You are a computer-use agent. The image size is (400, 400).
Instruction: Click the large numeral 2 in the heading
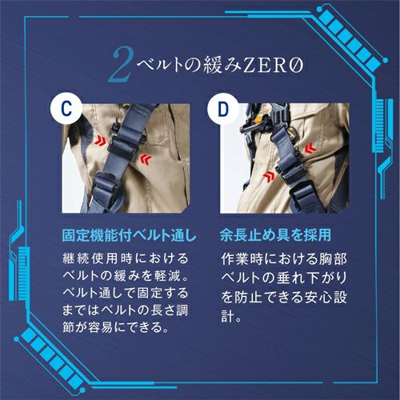pyautogui.click(x=121, y=65)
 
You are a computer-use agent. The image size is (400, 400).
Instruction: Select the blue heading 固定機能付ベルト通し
pyautogui.click(x=130, y=235)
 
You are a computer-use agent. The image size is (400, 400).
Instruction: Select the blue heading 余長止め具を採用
pyautogui.click(x=275, y=235)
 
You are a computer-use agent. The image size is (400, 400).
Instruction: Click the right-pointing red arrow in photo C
pyautogui.click(x=100, y=139)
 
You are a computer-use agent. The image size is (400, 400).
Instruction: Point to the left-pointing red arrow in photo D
pyautogui.click(x=311, y=148)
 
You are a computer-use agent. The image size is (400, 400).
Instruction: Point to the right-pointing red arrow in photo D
pyautogui.click(x=269, y=177)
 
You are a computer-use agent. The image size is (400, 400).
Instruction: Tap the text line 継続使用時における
pyautogui.click(x=126, y=258)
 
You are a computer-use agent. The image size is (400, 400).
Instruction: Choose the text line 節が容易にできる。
pyautogui.click(x=116, y=327)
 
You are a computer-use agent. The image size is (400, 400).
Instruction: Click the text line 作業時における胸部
pyautogui.click(x=284, y=258)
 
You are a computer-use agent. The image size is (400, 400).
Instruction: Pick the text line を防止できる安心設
pyautogui.click(x=284, y=297)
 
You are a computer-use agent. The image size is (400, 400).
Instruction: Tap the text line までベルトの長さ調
pyautogui.click(x=126, y=310)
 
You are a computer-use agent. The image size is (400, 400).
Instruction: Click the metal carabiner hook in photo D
pyautogui.click(x=253, y=128)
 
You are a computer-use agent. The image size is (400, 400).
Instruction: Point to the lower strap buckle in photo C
pyautogui.click(x=106, y=186)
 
